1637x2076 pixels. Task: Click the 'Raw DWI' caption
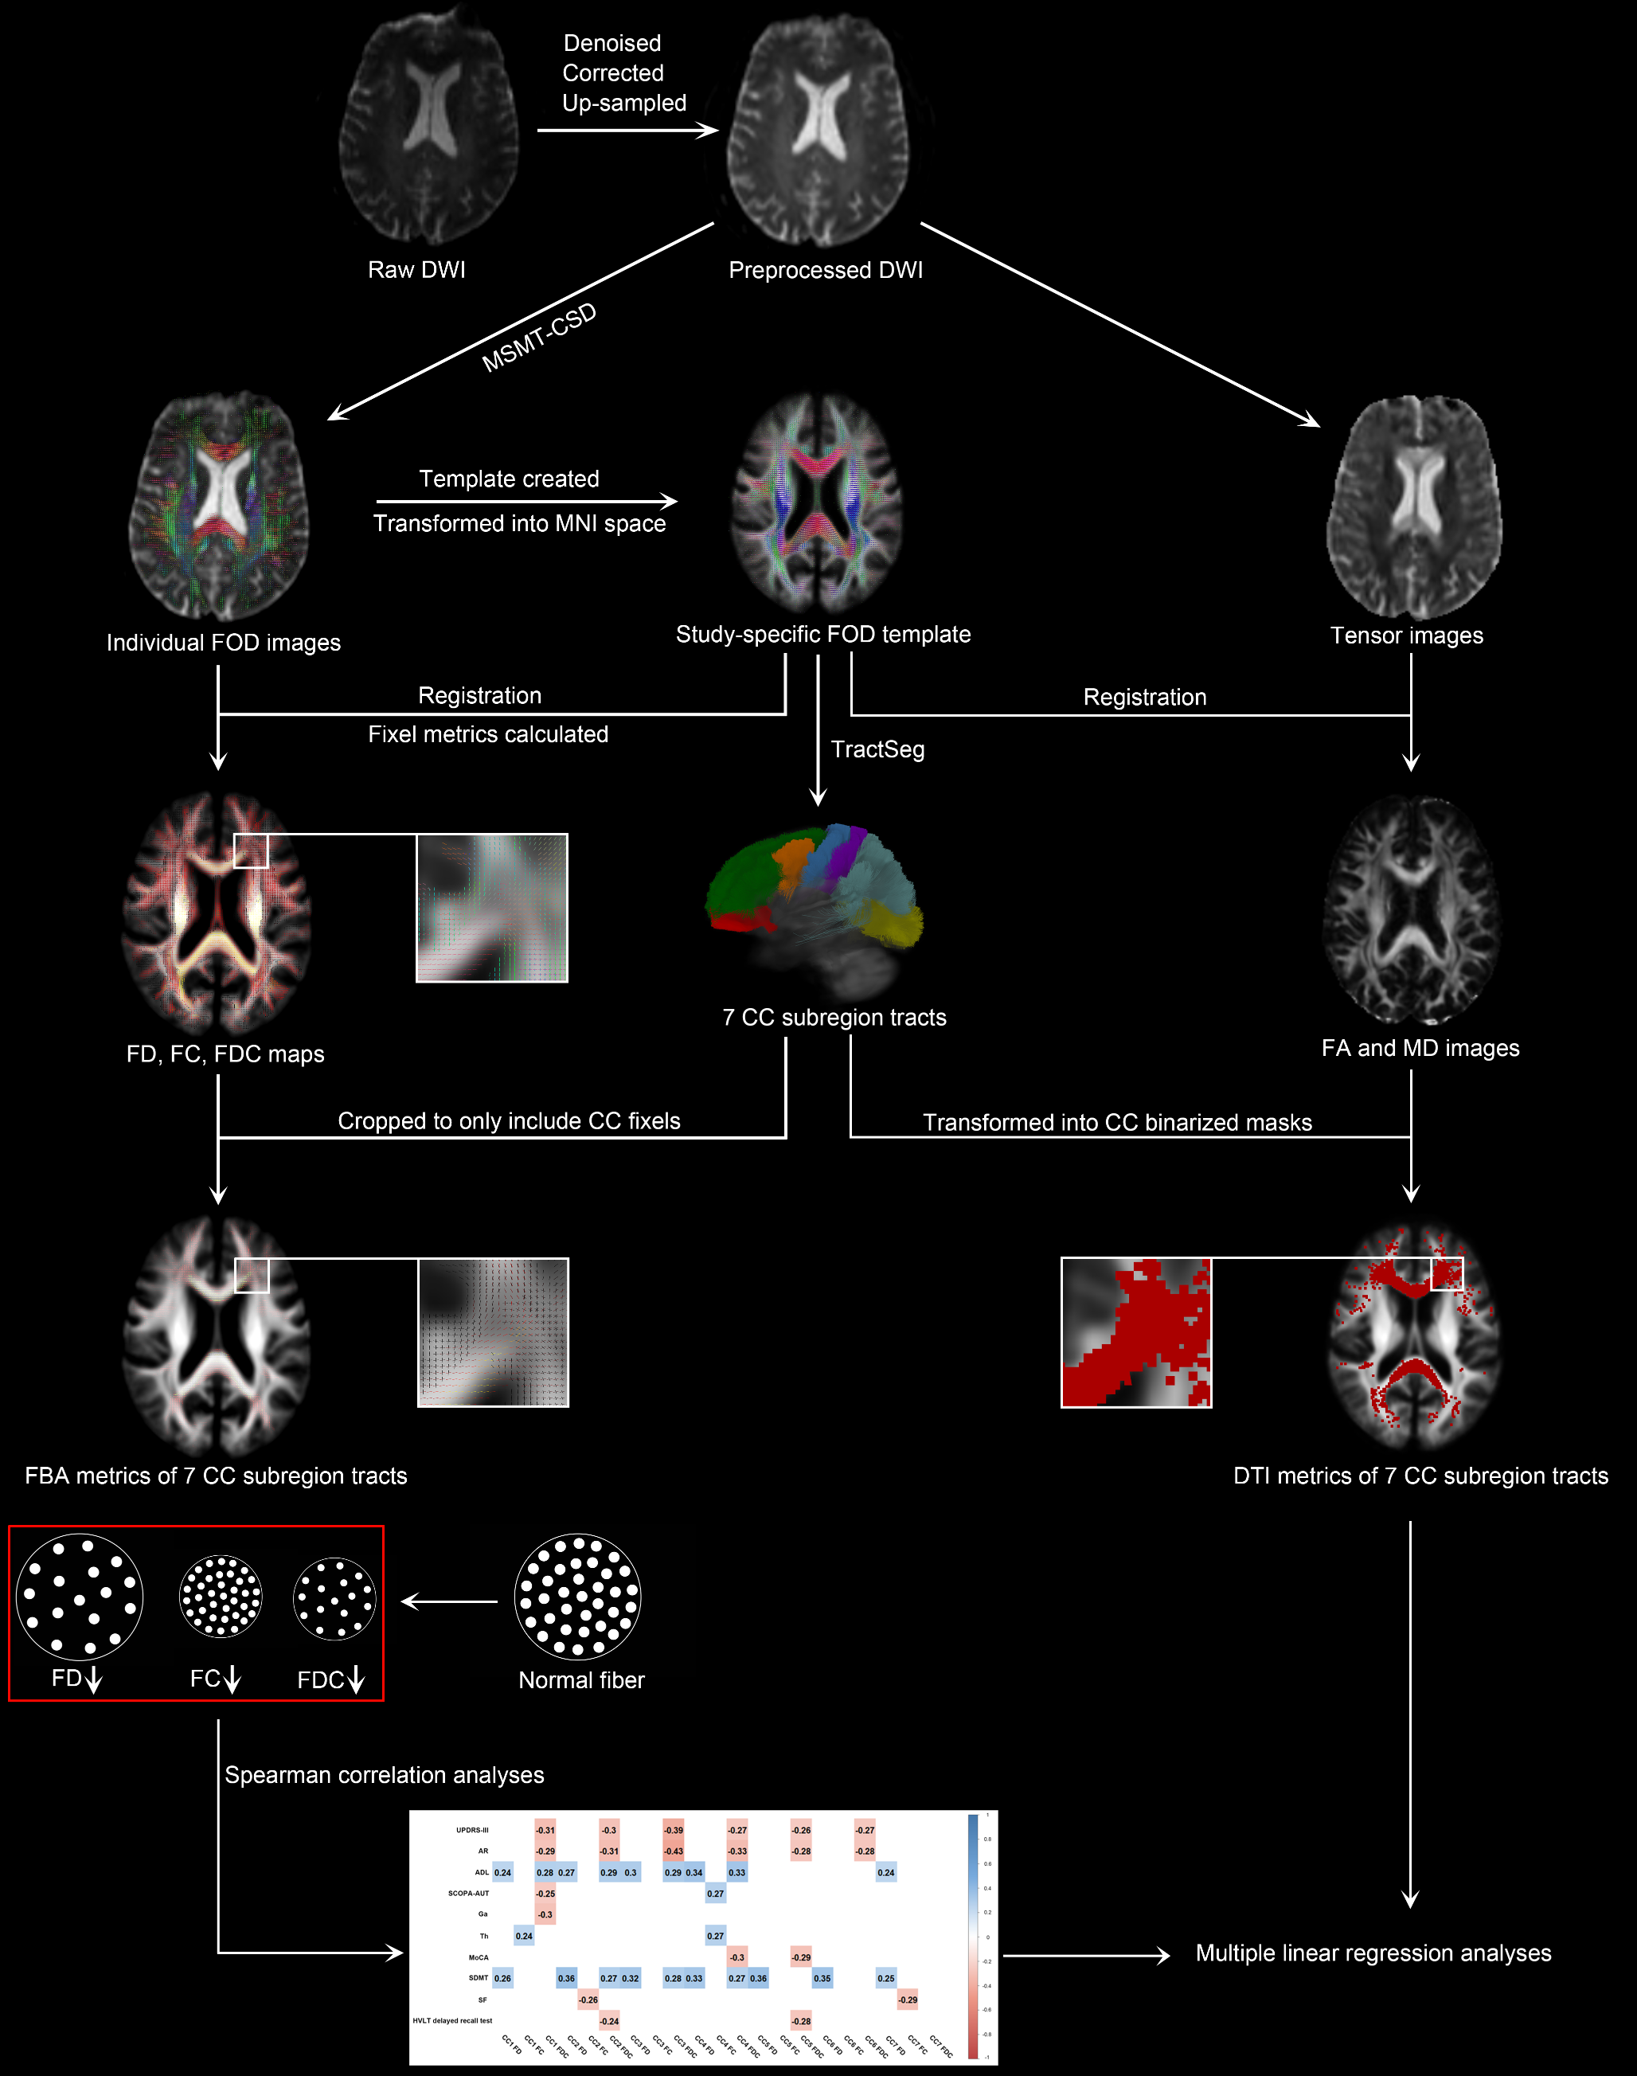tap(416, 270)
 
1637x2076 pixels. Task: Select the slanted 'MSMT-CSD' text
tap(539, 338)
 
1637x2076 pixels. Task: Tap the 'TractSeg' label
tap(877, 749)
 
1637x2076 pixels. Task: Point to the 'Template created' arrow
tap(526, 501)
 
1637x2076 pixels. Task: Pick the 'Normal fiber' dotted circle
tap(578, 1597)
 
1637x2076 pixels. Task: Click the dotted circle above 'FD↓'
tap(80, 1597)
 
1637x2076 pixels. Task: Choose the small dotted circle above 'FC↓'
tap(221, 1597)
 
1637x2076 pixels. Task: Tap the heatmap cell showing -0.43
tap(674, 1851)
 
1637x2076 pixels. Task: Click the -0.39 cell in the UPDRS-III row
tap(674, 1830)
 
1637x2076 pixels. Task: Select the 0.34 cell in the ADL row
tap(694, 1872)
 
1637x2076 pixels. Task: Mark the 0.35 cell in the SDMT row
tap(822, 1978)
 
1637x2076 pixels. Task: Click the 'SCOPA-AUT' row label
tap(469, 1894)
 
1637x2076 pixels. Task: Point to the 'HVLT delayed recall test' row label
tap(452, 2020)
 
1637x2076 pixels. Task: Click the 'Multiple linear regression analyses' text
tap(1373, 1953)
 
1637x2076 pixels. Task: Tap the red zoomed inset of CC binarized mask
tap(1135, 1332)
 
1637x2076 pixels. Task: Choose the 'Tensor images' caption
tap(1406, 635)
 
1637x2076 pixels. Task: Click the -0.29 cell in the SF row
tap(908, 2000)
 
